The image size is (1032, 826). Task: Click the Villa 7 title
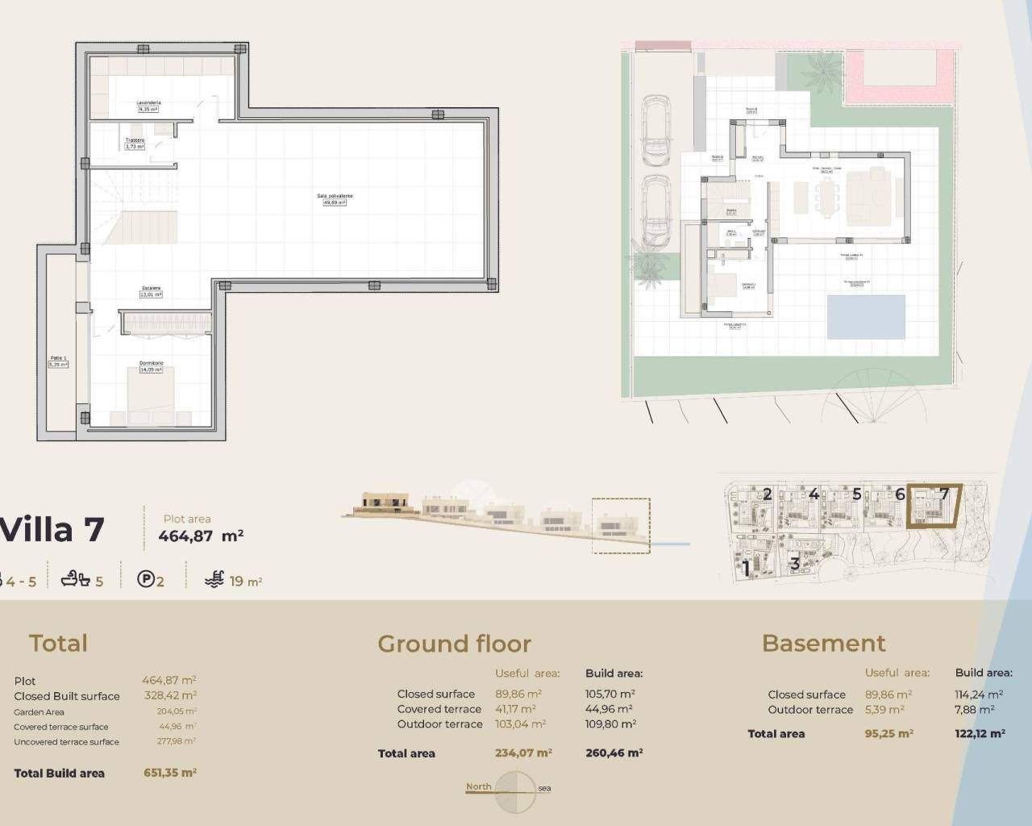point(52,530)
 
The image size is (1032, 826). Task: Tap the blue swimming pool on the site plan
point(866,316)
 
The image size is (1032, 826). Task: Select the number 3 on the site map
point(794,564)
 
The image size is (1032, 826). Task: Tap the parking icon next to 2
point(145,578)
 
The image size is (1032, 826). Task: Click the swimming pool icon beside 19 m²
point(214,578)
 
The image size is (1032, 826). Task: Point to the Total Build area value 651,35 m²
point(170,773)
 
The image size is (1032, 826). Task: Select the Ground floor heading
point(454,644)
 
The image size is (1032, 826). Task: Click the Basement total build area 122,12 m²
point(980,734)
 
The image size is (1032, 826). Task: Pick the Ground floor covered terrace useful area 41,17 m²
point(515,709)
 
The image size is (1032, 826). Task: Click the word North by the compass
point(478,786)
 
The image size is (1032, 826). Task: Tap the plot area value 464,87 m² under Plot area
point(201,536)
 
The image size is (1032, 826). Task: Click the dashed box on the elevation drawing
point(620,525)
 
